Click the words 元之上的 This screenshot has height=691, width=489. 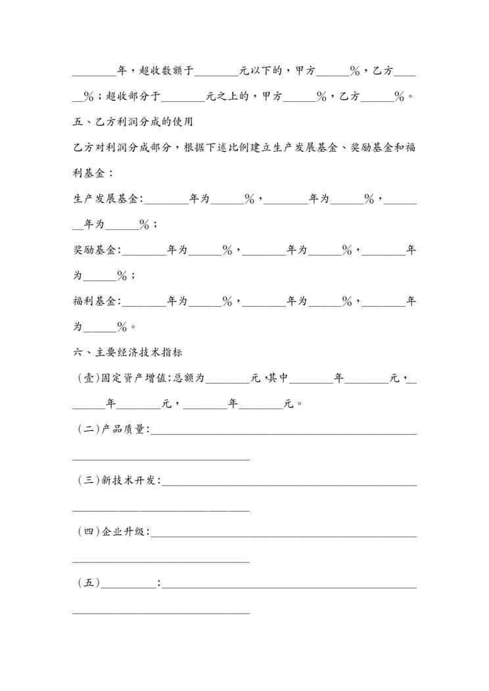pos(227,97)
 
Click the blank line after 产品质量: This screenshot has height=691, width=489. pos(284,432)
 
